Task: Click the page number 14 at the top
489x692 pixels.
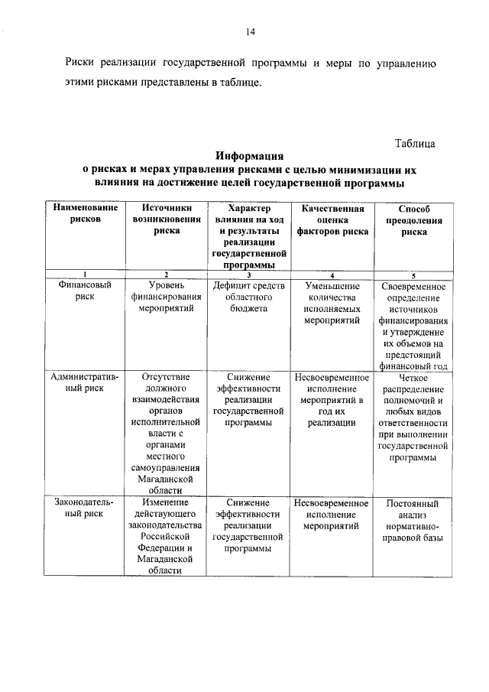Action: coord(250,31)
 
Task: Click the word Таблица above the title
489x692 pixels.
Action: coord(415,144)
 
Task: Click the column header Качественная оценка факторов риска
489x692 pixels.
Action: coord(332,219)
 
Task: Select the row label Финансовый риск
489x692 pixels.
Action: coord(85,291)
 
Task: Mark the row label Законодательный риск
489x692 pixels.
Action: coord(85,508)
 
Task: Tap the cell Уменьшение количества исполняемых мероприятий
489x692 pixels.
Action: coord(332,303)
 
